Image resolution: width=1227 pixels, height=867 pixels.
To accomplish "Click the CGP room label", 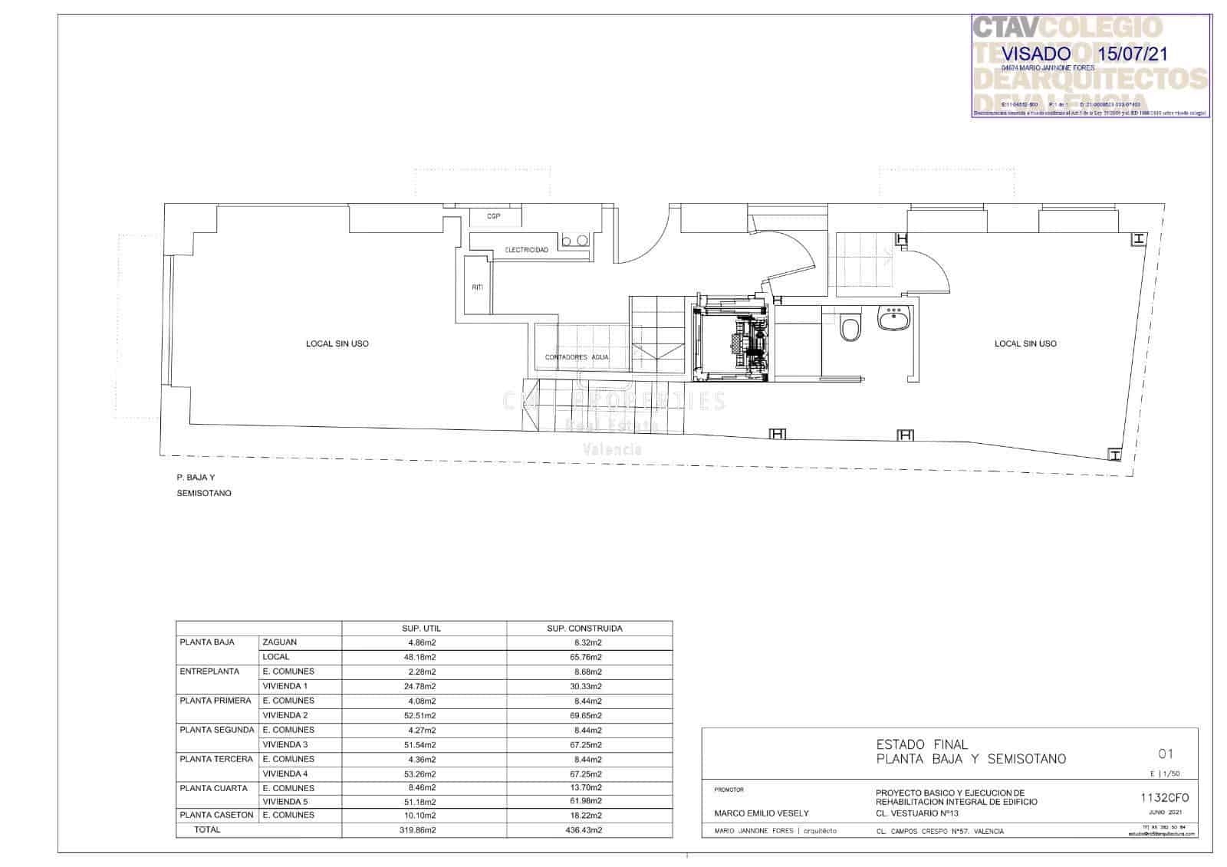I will (x=493, y=217).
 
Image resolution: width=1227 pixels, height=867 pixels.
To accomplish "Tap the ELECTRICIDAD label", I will (x=526, y=251).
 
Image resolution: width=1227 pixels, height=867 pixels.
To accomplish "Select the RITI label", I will (x=477, y=287).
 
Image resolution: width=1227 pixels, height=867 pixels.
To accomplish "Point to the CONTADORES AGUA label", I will (x=577, y=357).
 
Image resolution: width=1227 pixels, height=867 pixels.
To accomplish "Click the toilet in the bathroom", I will (x=850, y=327).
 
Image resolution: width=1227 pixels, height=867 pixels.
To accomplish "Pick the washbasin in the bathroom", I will (x=893, y=318).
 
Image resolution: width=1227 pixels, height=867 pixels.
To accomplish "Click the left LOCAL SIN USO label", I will (x=337, y=343).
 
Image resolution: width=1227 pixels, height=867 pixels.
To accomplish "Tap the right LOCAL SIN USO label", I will (x=1025, y=343).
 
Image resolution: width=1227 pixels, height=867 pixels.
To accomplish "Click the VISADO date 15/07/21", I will (x=1133, y=54).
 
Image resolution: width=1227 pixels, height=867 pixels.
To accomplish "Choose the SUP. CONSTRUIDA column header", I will (x=584, y=629).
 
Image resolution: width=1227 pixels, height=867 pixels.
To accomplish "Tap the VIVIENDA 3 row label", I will (x=285, y=744).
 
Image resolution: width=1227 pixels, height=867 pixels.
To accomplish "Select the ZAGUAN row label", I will (x=279, y=642).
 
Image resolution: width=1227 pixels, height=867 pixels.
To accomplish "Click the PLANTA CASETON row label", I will (x=216, y=815).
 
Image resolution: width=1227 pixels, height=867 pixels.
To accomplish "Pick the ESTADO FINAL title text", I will (x=922, y=744).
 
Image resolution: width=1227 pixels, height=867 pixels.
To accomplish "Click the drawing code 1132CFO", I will (x=1165, y=797).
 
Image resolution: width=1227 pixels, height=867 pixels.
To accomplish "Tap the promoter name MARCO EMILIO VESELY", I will (x=762, y=813).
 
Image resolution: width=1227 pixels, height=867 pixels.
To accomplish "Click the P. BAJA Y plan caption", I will (x=196, y=477).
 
